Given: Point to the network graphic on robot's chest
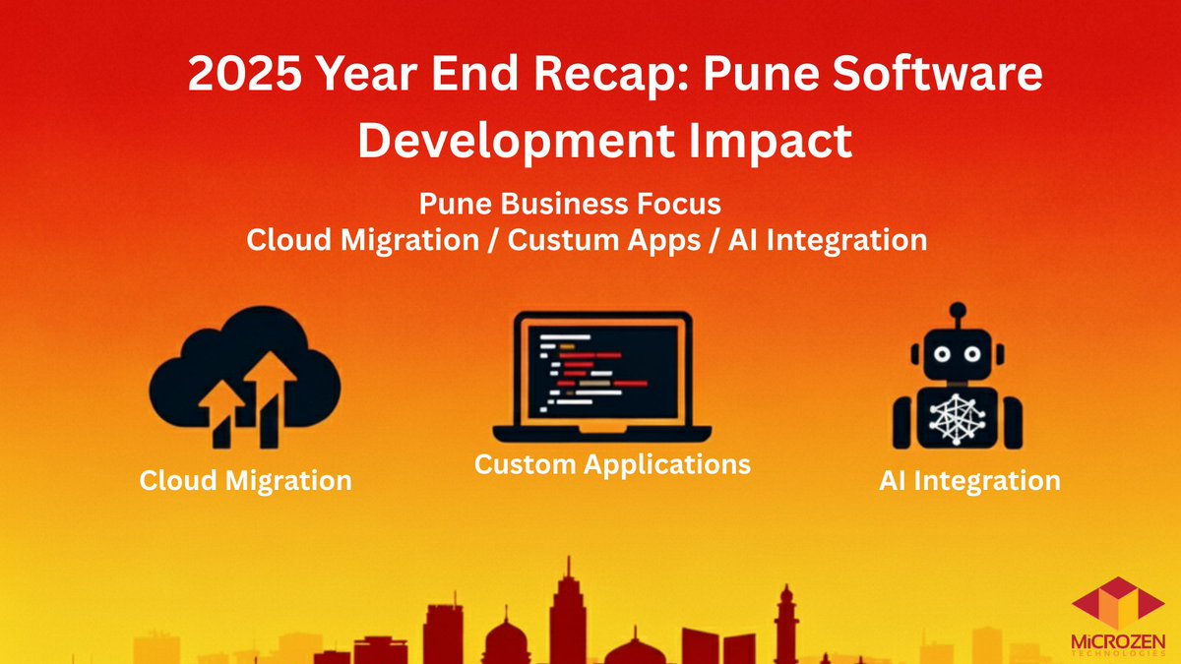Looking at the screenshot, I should click(957, 418).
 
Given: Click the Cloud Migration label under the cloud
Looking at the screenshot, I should click(245, 481).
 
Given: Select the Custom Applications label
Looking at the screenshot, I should click(612, 463).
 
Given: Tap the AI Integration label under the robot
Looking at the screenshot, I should click(970, 481).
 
